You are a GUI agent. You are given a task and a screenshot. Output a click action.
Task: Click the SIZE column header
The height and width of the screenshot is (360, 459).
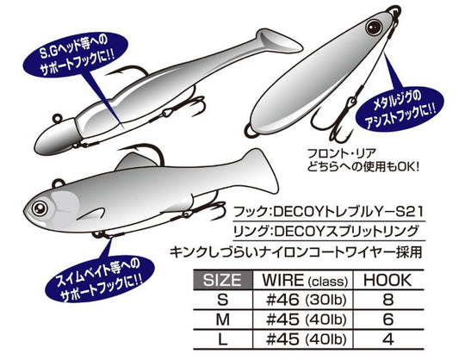pos(222,280)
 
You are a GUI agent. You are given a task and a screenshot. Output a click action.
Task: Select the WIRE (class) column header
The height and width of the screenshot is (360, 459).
pos(305,281)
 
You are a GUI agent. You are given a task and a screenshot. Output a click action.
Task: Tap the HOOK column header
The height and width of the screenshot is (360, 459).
pos(388,280)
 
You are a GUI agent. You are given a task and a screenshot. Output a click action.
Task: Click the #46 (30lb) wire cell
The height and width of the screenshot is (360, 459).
pos(307,300)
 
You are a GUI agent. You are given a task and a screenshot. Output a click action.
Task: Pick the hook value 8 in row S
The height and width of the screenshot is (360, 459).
pos(388,300)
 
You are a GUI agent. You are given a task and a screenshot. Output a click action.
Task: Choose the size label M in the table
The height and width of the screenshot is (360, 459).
pos(222,320)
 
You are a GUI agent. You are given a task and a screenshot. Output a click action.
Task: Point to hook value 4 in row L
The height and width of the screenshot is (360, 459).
pos(388,339)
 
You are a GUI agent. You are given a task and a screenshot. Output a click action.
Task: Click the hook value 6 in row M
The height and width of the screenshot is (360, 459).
pos(388,320)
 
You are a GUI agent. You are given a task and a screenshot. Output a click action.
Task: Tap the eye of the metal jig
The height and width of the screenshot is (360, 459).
pos(374,28)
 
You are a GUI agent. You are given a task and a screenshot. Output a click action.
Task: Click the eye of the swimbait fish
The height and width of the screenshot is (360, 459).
pos(40,208)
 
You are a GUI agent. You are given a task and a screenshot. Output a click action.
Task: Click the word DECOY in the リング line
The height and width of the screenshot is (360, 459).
pos(299,232)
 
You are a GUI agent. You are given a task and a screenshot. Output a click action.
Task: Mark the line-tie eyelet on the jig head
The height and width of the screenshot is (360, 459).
pos(58,118)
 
